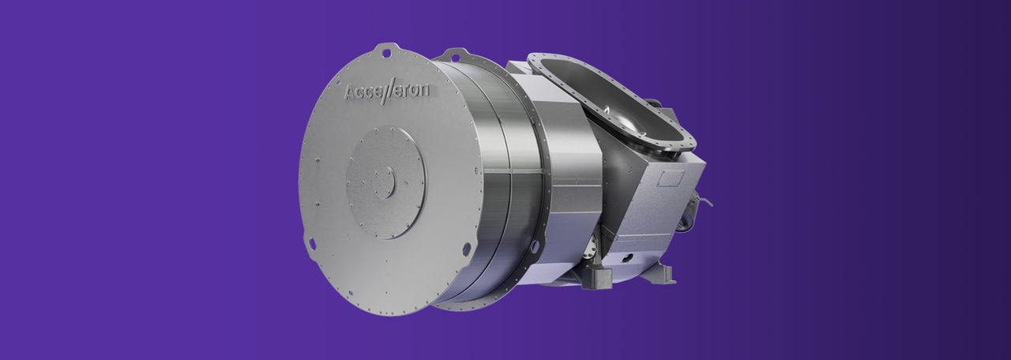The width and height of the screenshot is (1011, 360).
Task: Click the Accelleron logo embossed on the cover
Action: [x=387, y=92]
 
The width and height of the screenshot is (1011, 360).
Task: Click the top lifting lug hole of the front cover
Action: [x=386, y=53]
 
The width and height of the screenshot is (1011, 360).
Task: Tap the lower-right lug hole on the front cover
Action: [x=466, y=249]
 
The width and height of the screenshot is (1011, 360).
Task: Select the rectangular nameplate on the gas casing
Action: [x=670, y=178]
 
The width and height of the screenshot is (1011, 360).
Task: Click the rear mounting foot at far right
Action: [x=660, y=273]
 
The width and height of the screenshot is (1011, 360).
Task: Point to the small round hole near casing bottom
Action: [x=626, y=257]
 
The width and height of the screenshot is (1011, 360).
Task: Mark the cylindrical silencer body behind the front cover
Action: [x=498, y=182]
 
